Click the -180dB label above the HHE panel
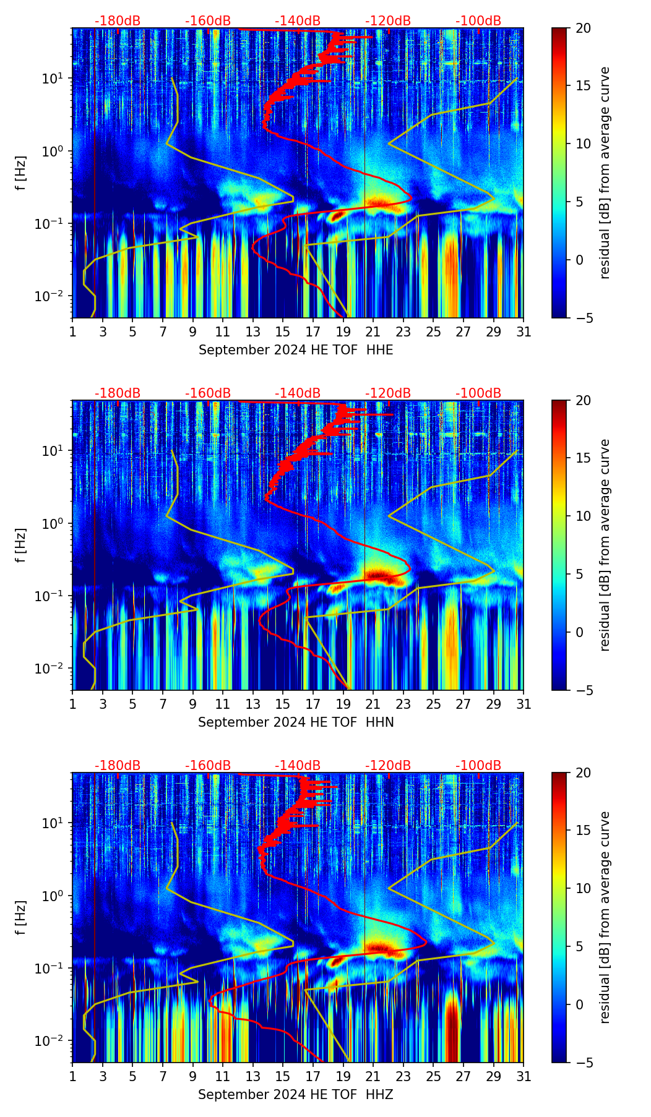click(118, 21)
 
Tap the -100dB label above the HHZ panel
click(478, 766)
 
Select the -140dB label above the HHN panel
click(298, 393)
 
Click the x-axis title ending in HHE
click(296, 350)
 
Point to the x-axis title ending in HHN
click(296, 722)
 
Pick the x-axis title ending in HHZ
click(296, 1095)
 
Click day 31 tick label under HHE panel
click(524, 332)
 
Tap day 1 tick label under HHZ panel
click(73, 1077)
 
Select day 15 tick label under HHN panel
click(283, 704)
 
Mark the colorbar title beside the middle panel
click(605, 545)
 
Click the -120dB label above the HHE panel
click(388, 21)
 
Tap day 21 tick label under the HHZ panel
click(373, 1077)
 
